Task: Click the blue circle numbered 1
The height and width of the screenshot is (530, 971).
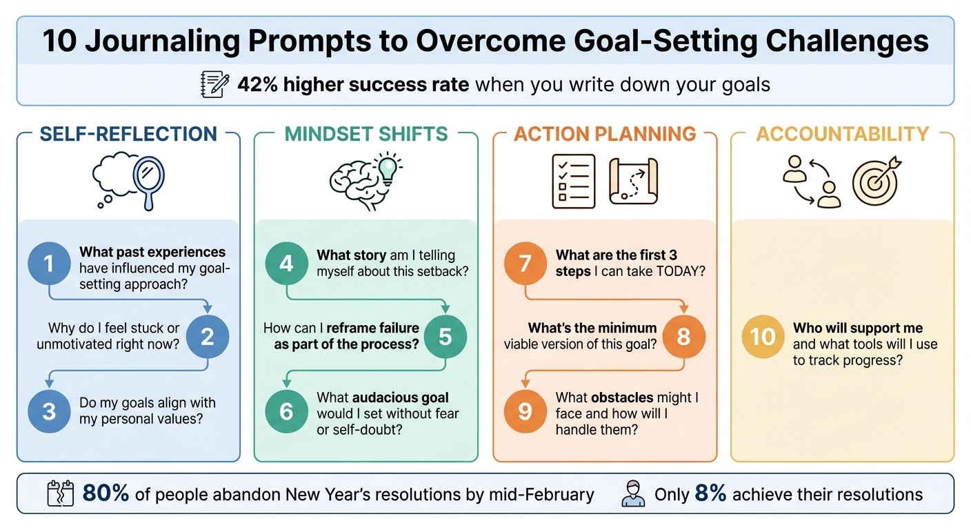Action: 49,263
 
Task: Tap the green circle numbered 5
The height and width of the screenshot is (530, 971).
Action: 445,336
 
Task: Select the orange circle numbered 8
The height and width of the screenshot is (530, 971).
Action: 683,336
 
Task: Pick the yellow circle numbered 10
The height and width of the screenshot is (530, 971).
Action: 763,336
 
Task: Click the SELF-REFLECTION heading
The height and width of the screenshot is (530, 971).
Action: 128,133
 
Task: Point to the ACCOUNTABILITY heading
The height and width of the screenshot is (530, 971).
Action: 842,133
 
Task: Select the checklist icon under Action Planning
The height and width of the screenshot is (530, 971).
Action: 573,181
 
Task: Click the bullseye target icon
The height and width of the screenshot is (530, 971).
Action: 876,181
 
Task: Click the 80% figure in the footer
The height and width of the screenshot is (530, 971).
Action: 105,494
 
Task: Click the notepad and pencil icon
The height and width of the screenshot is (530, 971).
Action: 214,85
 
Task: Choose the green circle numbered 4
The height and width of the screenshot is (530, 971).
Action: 287,263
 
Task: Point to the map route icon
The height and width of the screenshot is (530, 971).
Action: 634,181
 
